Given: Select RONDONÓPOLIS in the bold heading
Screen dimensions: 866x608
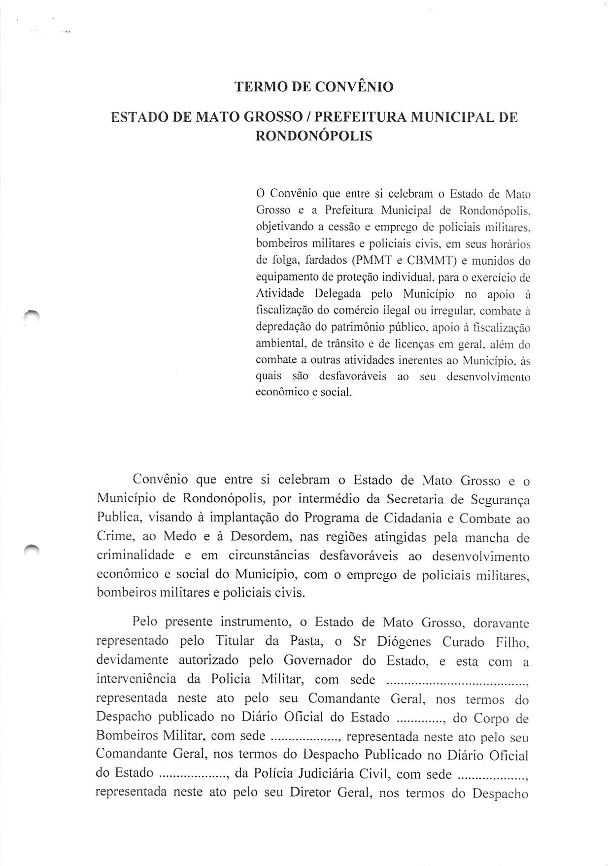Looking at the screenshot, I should [x=313, y=136].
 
